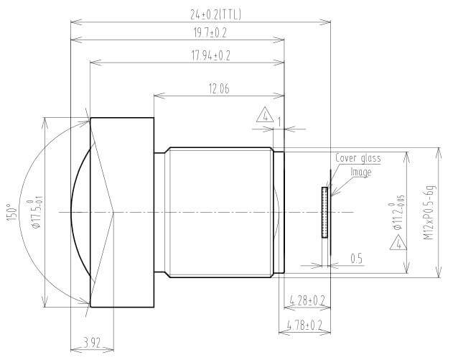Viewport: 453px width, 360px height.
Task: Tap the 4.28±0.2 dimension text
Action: [306, 298]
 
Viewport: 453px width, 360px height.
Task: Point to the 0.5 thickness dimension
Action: [356, 257]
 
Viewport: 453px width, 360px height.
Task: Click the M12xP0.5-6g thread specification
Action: [429, 211]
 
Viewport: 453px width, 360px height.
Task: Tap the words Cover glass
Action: [358, 158]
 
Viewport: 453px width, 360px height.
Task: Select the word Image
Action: [360, 172]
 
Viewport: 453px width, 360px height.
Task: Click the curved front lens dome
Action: [83, 212]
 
